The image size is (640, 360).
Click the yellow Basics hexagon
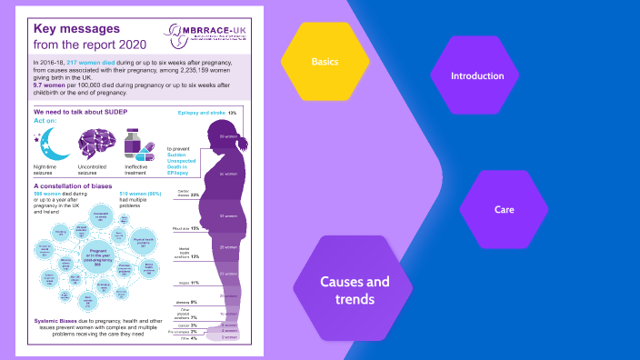pyautogui.click(x=325, y=62)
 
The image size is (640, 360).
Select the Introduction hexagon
pyautogui.click(x=477, y=75)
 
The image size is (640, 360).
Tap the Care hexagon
pyautogui.click(x=505, y=209)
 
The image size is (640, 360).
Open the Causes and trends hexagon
pyautogui.click(x=354, y=289)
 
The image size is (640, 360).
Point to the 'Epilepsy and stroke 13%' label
pyautogui.click(x=206, y=112)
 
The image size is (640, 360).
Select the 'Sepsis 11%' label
pyautogui.click(x=188, y=283)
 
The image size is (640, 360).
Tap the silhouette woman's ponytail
pyautogui.click(x=243, y=144)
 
